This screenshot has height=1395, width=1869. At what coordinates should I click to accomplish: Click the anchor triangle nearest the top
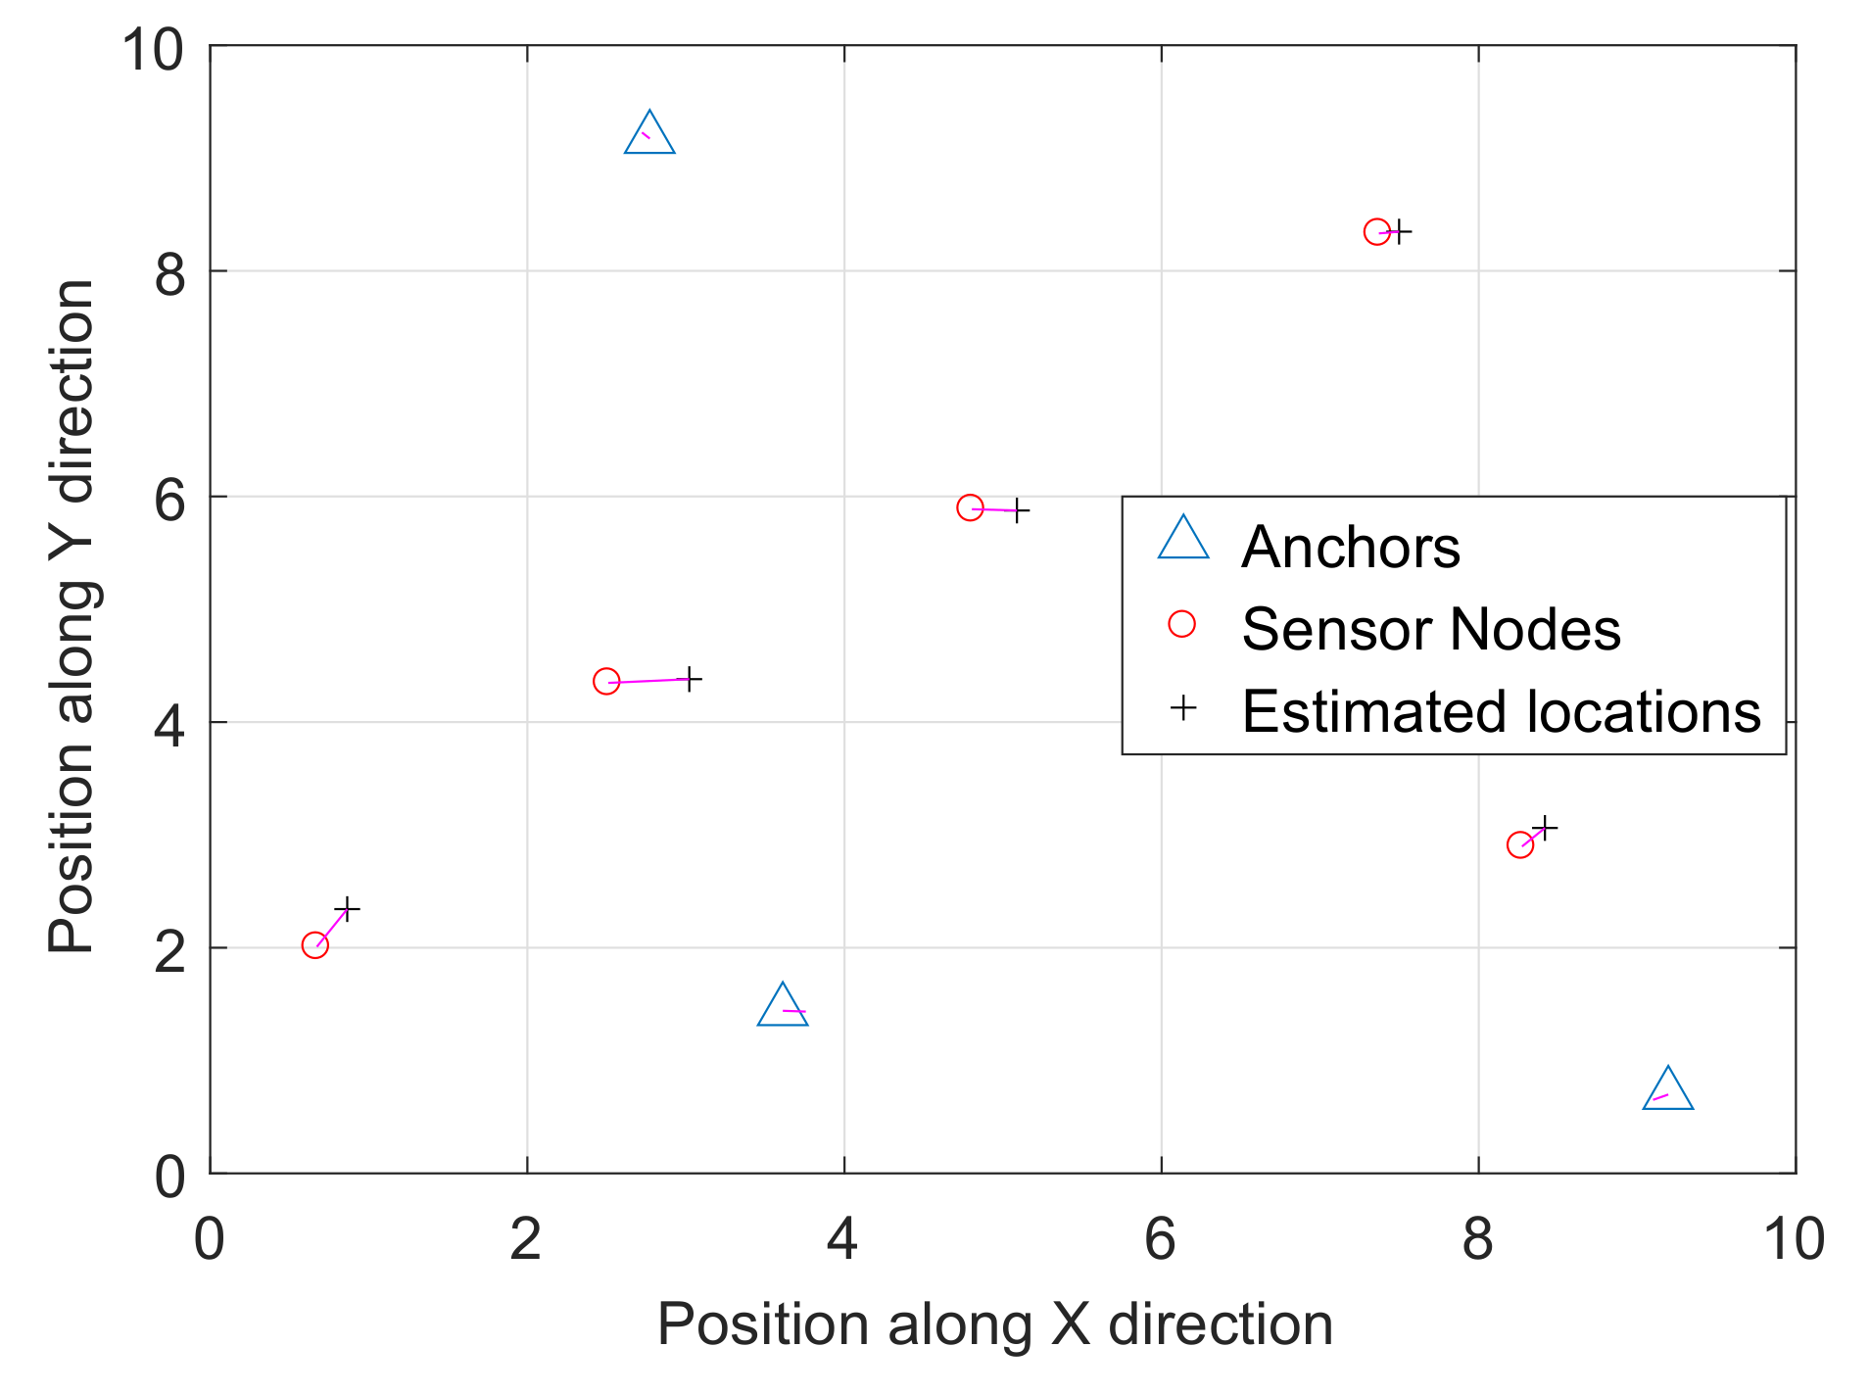coord(649,136)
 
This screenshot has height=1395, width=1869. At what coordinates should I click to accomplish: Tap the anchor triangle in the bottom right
coord(1667,1091)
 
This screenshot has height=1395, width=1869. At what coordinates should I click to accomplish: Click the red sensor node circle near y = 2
coord(314,945)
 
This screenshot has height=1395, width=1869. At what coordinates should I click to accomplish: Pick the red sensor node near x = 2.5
coord(606,681)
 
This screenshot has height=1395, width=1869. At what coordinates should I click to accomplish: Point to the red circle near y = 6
coord(970,507)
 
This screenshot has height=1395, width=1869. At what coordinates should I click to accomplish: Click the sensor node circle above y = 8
coord(1376,232)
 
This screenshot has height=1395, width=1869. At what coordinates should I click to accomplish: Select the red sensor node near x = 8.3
coord(1519,844)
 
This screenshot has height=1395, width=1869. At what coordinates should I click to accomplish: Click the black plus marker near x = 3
coord(690,678)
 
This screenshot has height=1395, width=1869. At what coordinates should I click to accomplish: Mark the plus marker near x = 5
coord(1018,510)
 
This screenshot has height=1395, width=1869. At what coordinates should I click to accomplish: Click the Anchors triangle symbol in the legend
coord(1183,541)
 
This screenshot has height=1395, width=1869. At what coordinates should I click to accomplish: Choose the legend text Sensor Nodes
coord(1430,629)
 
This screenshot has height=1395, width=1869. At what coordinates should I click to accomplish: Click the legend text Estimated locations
coord(1501,711)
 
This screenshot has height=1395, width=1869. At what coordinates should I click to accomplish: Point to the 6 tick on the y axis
coord(169,501)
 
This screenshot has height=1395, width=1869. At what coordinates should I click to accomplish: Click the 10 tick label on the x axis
coord(1793,1239)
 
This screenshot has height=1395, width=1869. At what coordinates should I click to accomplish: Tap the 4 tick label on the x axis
coord(843,1239)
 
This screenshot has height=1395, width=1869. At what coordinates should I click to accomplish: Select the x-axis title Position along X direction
coord(994,1324)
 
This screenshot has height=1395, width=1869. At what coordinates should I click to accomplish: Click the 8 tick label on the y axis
coord(169,275)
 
